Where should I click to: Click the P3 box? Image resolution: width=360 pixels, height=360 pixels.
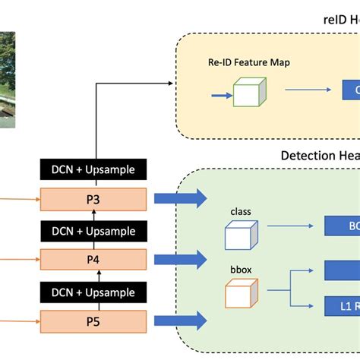point(93,199)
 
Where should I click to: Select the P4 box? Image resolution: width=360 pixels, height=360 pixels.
point(93,260)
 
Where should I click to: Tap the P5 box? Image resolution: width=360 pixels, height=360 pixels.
point(93,321)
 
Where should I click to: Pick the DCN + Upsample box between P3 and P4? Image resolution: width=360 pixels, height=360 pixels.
point(93,231)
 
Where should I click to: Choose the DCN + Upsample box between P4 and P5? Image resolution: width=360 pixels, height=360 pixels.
point(93,292)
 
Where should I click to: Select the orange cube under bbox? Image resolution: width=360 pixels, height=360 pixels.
point(239,294)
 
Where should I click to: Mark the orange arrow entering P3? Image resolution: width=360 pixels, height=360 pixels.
point(19,200)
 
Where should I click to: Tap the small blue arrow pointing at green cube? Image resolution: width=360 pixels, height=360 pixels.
point(220,95)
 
